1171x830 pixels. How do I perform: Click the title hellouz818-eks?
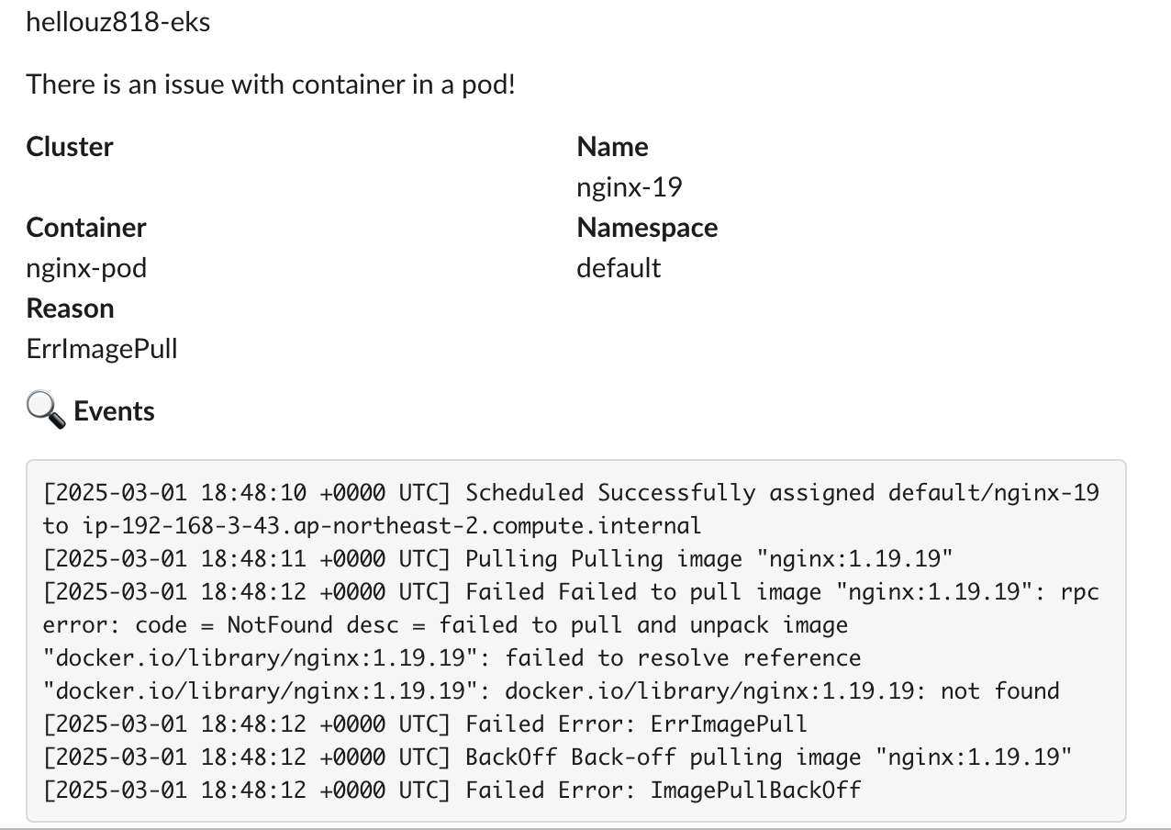(118, 22)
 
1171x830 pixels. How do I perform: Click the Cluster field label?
(70, 147)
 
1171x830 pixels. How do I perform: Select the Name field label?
(612, 147)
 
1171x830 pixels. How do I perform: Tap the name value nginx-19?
(629, 187)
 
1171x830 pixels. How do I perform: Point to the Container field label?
(86, 228)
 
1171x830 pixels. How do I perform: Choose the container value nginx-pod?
(86, 268)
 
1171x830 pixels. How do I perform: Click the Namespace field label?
(647, 228)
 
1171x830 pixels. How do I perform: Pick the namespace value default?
(619, 268)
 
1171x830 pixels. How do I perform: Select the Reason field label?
(71, 308)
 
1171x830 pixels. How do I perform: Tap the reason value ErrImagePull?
(102, 349)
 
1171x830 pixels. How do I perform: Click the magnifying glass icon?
(45, 410)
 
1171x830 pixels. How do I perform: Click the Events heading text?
(115, 411)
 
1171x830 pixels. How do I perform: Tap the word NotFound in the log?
(280, 625)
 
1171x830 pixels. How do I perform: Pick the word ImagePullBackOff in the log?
(755, 791)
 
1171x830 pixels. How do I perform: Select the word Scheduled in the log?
(524, 493)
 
